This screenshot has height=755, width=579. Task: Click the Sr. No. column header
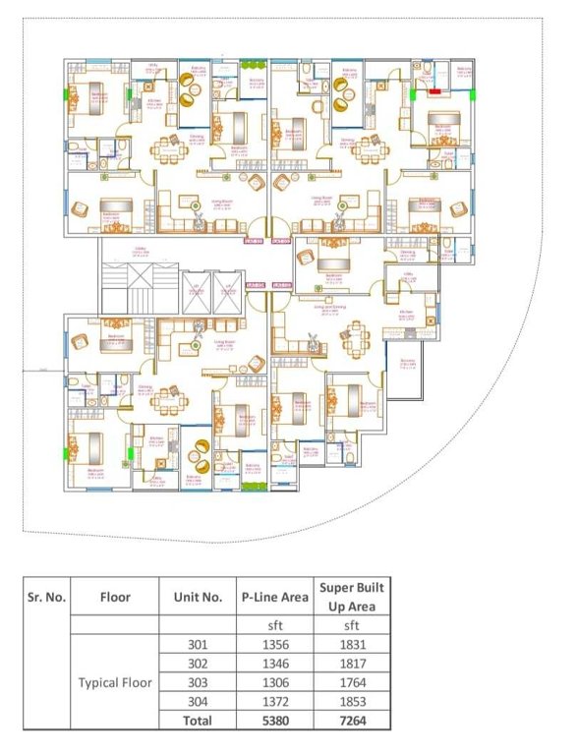click(x=44, y=596)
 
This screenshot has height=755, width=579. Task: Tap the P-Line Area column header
click(x=275, y=596)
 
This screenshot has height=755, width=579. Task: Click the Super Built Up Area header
click(x=351, y=596)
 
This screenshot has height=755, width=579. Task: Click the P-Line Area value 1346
click(x=275, y=664)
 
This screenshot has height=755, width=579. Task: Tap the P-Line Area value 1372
click(x=275, y=701)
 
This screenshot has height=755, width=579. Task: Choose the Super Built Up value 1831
click(x=351, y=645)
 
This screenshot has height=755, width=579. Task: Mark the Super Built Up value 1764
click(x=351, y=682)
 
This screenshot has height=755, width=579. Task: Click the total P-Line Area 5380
click(x=275, y=720)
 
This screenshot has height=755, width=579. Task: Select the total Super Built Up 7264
click(x=351, y=720)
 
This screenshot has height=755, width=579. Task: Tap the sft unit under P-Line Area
click(x=275, y=625)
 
